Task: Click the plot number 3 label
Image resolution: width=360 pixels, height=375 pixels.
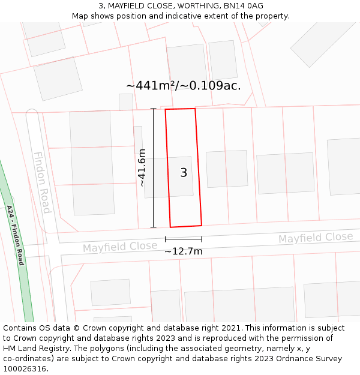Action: click(x=184, y=173)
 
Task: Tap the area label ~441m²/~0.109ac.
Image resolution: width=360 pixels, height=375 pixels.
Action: click(x=183, y=86)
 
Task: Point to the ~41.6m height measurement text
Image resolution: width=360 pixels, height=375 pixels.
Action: click(x=142, y=168)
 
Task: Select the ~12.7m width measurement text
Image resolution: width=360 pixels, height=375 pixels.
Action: click(x=183, y=251)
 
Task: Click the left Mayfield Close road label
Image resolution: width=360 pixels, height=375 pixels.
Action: click(x=120, y=247)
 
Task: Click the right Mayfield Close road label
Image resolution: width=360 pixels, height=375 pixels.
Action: click(x=316, y=238)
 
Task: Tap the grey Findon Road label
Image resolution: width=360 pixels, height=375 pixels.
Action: click(x=42, y=182)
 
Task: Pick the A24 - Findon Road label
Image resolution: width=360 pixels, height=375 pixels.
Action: click(x=16, y=235)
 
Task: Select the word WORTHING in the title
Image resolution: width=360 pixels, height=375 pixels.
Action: click(x=185, y=5)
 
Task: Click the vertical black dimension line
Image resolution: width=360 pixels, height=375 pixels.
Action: click(x=154, y=168)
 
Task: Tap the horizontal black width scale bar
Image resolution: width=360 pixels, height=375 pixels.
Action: click(x=183, y=239)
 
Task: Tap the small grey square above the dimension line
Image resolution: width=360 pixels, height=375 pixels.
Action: click(x=126, y=102)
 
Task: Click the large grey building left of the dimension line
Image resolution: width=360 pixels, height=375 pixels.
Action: click(x=92, y=163)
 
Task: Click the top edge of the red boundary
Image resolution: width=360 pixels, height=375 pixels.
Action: click(x=180, y=109)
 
